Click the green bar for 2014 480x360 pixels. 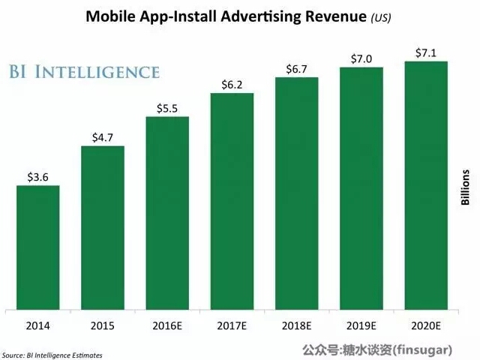coord(37,247)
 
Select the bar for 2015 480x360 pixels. coord(103,227)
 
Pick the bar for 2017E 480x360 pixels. coord(232,200)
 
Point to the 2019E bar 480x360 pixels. coord(361,187)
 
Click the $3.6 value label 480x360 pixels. coord(38,177)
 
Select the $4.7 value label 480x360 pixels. coord(103,137)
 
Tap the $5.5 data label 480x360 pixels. coord(167,108)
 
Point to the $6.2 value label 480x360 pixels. coord(232,84)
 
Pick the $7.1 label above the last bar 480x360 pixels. coord(426,52)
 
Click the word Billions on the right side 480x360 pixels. coord(465,187)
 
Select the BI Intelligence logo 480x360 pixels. coord(83,72)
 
